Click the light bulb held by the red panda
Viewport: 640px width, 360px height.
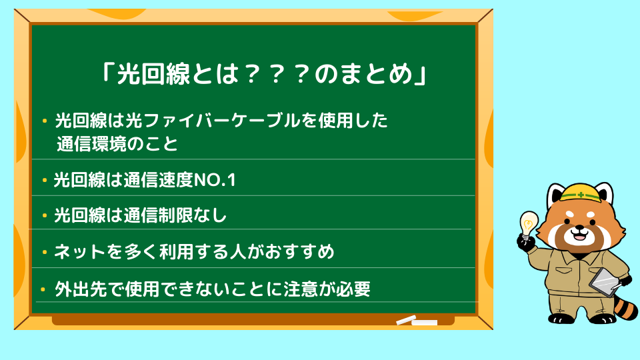click(529, 225)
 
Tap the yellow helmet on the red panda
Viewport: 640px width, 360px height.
click(581, 193)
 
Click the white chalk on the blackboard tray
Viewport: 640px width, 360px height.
click(417, 321)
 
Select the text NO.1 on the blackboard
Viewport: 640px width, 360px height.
click(215, 180)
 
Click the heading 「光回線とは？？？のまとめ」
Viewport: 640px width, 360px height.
click(264, 74)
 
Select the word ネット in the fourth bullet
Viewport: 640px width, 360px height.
click(81, 251)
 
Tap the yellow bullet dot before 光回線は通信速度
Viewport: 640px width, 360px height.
click(45, 179)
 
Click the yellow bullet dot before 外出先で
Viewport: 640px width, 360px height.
click(43, 290)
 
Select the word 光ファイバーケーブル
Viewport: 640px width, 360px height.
click(213, 121)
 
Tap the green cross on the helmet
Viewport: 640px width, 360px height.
click(581, 195)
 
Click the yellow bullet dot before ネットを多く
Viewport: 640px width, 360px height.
click(45, 252)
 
